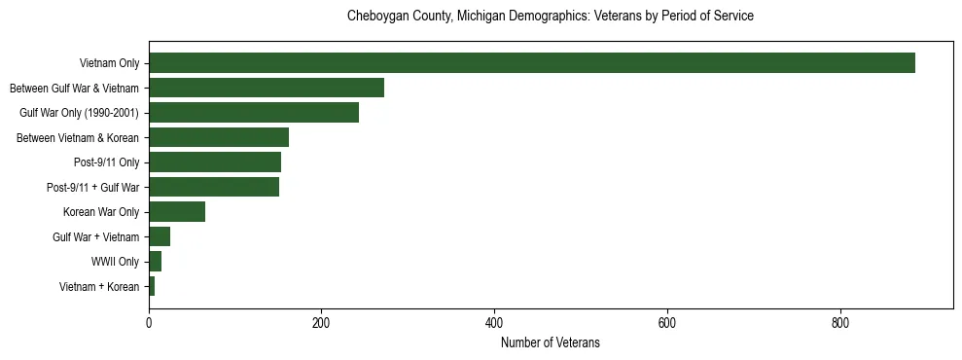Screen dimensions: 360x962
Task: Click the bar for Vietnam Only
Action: click(531, 63)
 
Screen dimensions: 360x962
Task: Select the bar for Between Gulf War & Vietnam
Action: click(267, 88)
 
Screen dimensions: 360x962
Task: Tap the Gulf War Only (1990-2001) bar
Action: click(254, 113)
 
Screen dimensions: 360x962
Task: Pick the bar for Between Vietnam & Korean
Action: click(219, 137)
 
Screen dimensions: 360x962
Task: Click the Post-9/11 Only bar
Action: click(215, 162)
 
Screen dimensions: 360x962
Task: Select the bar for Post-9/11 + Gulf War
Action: click(214, 187)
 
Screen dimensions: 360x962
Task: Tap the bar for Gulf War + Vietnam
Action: click(160, 236)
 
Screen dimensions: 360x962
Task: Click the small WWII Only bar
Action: click(155, 261)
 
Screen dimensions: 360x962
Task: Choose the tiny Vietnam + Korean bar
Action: click(152, 286)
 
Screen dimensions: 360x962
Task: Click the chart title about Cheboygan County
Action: click(551, 17)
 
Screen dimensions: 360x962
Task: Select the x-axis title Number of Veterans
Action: click(551, 342)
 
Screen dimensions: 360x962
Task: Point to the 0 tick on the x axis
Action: click(149, 323)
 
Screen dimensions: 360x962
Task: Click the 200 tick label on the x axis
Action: click(321, 323)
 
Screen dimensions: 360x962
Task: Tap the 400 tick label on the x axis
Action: click(494, 323)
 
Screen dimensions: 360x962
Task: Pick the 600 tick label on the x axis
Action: click(667, 323)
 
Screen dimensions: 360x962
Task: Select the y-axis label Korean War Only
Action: click(101, 212)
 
